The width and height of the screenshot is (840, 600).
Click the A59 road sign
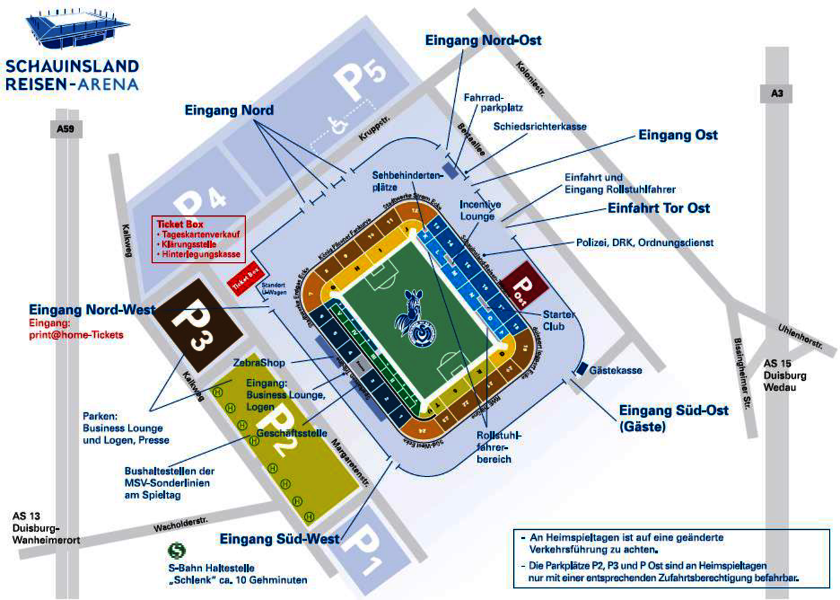coord(66,129)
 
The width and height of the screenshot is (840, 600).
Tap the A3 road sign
coord(777,94)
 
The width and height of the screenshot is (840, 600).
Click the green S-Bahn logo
coord(175,549)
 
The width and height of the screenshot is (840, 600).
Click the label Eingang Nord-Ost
coord(483,40)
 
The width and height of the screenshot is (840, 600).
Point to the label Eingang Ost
coord(678,135)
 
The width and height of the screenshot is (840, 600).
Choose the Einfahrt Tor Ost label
coord(658,209)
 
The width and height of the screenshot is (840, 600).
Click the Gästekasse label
coord(616,371)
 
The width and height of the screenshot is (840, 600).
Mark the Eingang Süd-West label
coord(280,540)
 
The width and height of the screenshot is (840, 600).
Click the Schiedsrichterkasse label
coord(539,126)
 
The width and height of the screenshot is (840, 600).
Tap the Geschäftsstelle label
coord(292,433)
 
